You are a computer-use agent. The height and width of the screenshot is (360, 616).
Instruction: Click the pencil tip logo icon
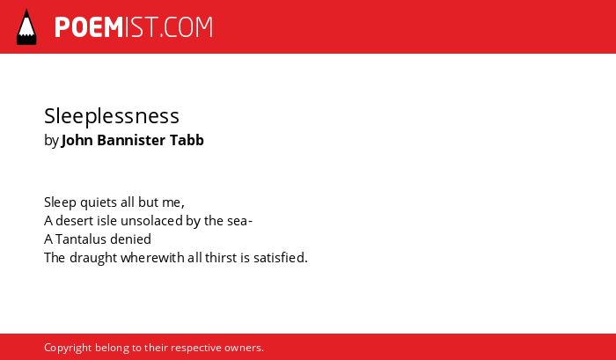[x=26, y=26]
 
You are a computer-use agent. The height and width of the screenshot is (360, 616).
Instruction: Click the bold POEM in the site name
[x=89, y=27]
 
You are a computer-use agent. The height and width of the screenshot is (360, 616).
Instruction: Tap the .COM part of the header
[x=186, y=27]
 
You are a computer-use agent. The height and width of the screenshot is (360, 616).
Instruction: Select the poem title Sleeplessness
[x=112, y=116]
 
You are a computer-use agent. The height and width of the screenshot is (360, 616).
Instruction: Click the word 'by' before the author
[x=51, y=140]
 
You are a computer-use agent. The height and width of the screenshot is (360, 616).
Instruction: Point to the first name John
[x=77, y=140]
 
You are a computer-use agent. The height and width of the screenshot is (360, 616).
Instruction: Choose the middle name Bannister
[x=131, y=140]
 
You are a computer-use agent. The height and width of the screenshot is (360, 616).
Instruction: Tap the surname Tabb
[x=187, y=140]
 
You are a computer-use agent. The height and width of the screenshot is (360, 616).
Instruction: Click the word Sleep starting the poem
[x=60, y=202]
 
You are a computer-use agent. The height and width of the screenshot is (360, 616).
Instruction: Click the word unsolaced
[x=151, y=221]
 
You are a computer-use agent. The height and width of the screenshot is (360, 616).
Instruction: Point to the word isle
[x=108, y=221]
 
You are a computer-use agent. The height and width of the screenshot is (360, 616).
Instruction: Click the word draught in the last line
[x=93, y=258]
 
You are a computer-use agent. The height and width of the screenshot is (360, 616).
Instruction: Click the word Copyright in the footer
[x=68, y=348]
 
